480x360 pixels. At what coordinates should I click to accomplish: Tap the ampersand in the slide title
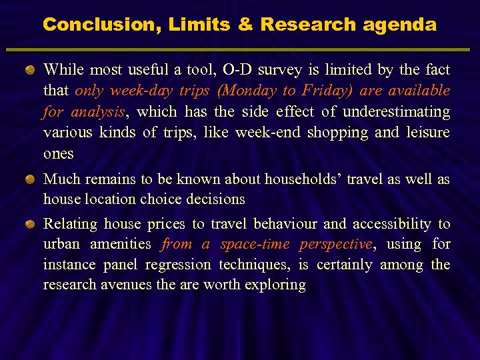pyautogui.click(x=245, y=25)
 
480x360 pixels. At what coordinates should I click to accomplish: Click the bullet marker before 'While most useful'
pyautogui.click(x=31, y=70)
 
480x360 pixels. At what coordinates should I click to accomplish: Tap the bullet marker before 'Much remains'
pyautogui.click(x=31, y=179)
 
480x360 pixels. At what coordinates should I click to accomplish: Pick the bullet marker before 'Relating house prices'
pyautogui.click(x=31, y=224)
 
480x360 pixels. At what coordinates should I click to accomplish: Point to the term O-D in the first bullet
pyautogui.click(x=237, y=69)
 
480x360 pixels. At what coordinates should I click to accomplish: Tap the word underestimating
pyautogui.click(x=397, y=111)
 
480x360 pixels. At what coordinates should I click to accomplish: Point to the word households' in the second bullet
pyautogui.click(x=300, y=179)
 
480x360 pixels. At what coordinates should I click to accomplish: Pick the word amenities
pyautogui.click(x=121, y=244)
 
